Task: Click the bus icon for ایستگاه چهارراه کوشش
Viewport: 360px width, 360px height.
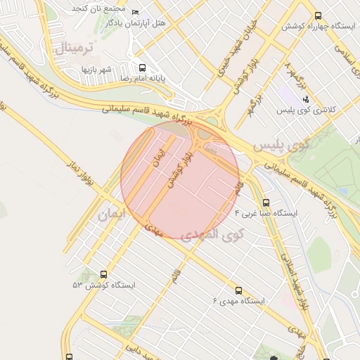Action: click(x=319, y=15)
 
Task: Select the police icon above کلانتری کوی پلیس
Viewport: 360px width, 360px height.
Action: click(x=305, y=99)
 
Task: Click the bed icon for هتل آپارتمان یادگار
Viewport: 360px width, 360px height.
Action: click(x=136, y=12)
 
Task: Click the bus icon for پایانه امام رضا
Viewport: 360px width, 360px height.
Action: click(x=143, y=68)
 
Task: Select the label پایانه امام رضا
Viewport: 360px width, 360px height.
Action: click(x=143, y=79)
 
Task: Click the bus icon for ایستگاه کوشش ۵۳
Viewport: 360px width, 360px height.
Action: click(x=104, y=275)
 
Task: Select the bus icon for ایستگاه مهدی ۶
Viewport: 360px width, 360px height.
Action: click(x=238, y=290)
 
